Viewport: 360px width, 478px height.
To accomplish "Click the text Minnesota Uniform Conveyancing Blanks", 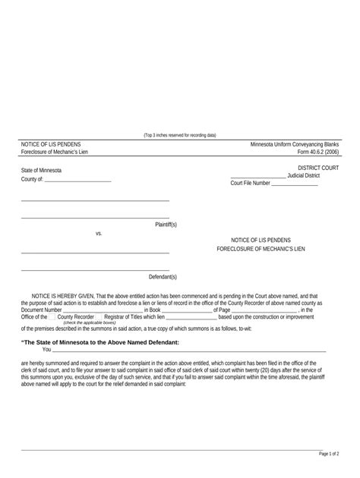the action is (295, 144).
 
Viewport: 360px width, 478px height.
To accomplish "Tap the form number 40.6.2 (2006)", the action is (317, 152).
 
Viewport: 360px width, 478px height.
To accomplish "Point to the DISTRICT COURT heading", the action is (318, 168).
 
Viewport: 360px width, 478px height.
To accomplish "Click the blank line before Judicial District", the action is (258, 177).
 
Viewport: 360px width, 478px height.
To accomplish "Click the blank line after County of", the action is (78, 181).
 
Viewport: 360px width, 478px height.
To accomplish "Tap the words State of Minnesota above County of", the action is (42, 171).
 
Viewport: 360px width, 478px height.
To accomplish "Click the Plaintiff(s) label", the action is (166, 225).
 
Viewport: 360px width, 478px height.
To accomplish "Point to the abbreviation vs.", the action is (99, 234).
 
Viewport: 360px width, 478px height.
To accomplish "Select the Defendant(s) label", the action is (163, 278).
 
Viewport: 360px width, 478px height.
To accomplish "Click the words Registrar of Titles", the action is (122, 316).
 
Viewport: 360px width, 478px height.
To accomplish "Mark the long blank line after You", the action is (190, 351).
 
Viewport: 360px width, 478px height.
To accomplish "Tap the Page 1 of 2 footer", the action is (328, 454).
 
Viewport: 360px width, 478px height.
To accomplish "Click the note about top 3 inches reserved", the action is (180, 135).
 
